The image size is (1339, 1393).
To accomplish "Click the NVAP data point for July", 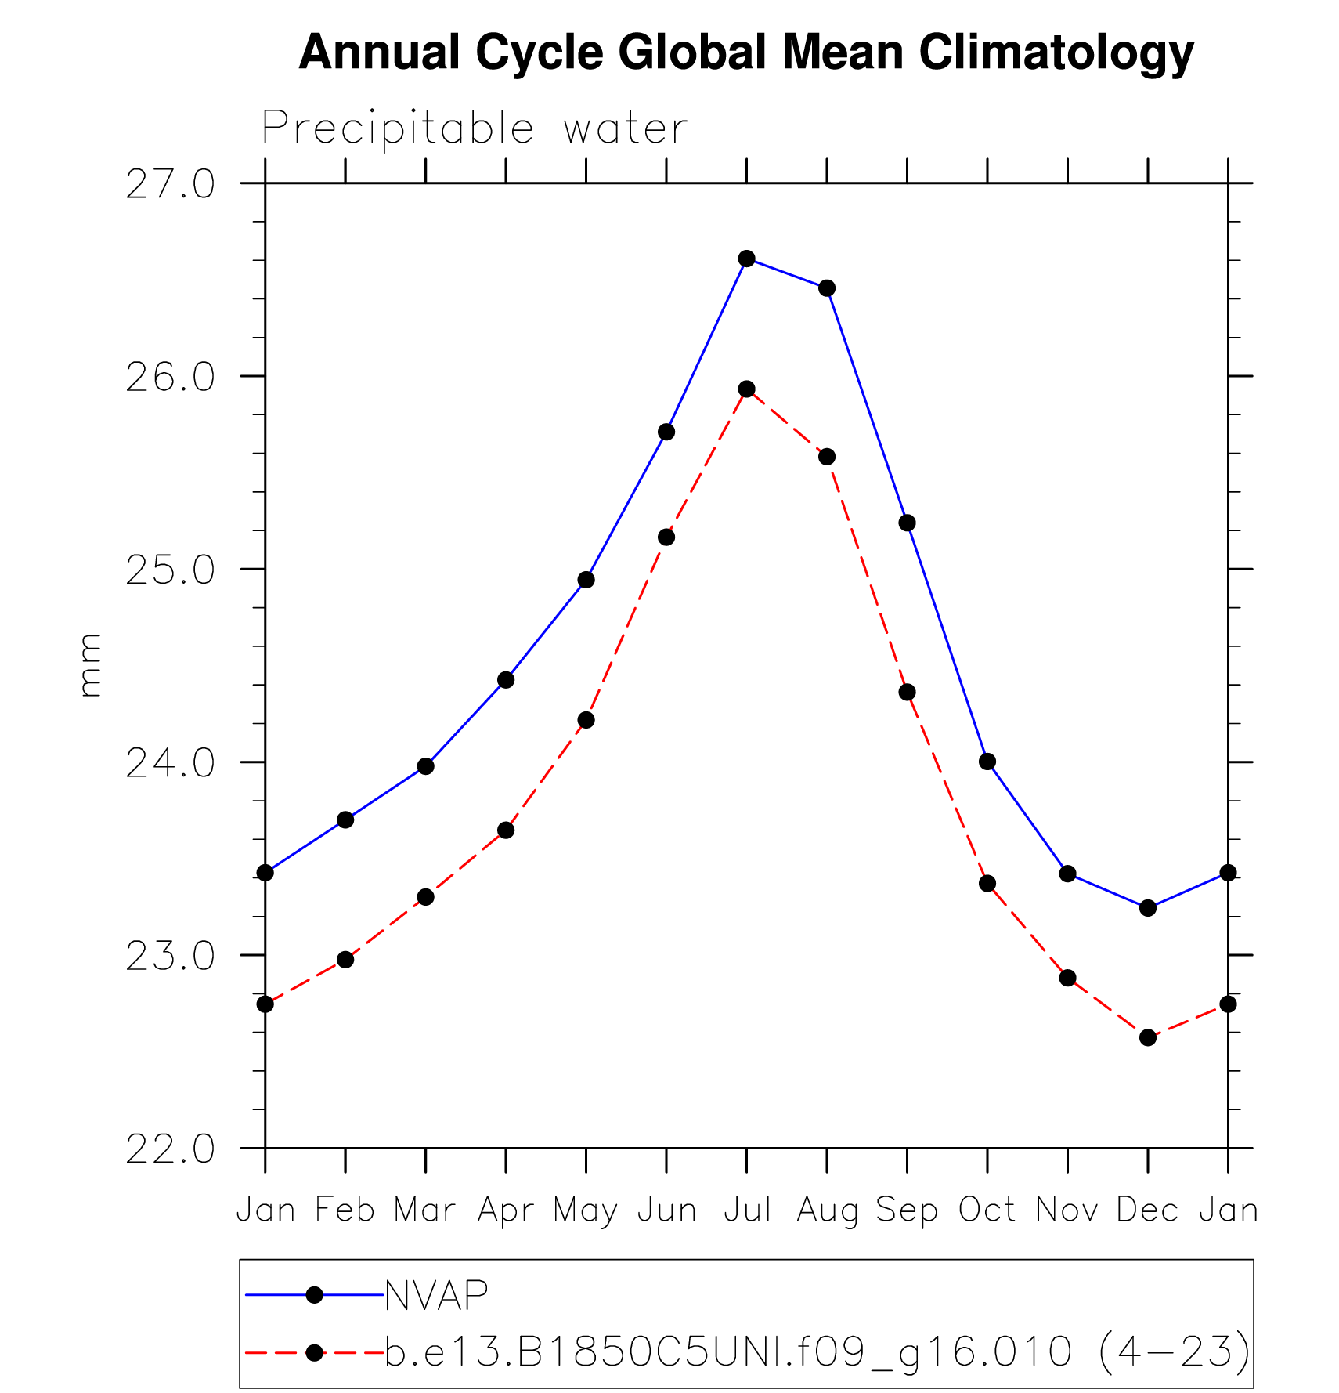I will [x=746, y=259].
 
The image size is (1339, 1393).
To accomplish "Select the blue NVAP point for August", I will [x=827, y=288].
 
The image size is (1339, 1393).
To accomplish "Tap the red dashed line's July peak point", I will [x=746, y=389].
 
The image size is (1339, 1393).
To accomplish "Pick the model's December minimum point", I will [x=1148, y=1037].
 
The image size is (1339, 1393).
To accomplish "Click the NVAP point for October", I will [x=987, y=762].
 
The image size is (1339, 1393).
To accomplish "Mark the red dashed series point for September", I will [x=907, y=693].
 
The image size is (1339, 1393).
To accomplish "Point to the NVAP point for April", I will [x=506, y=680].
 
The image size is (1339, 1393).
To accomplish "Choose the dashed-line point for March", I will [x=425, y=897].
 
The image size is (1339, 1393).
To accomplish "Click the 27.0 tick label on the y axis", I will [x=170, y=185].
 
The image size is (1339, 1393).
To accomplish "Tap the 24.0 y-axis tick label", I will [x=170, y=763].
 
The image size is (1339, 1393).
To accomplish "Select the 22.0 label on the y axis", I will [x=170, y=1149].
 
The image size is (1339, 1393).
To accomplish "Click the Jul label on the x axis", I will [x=747, y=1210].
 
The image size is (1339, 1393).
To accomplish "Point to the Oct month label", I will [x=987, y=1210].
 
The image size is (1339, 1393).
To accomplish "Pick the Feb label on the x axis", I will [x=345, y=1210].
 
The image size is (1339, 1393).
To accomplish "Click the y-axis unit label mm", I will [x=90, y=665].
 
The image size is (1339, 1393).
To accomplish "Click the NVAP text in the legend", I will [x=437, y=1295].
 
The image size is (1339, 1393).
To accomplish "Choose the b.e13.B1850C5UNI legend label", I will [x=817, y=1351].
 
